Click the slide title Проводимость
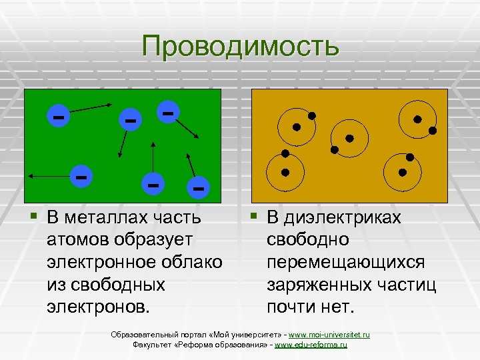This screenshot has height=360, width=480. pyautogui.click(x=240, y=46)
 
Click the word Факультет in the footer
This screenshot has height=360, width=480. pyautogui.click(x=151, y=345)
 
